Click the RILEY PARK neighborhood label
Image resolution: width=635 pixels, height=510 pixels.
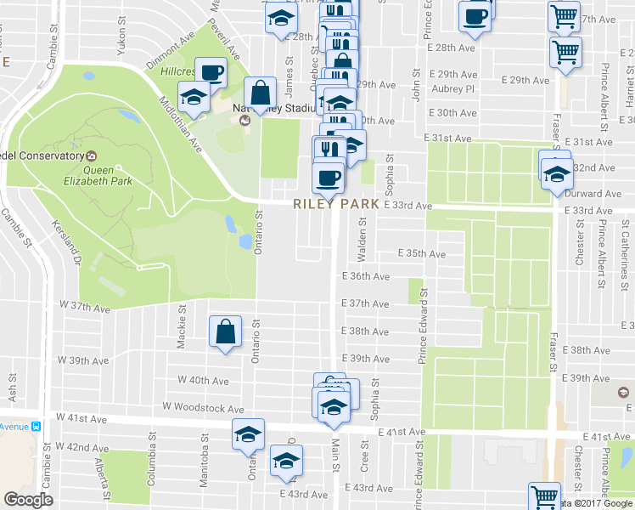pos(336,205)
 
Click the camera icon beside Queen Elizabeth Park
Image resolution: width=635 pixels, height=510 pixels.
pos(92,156)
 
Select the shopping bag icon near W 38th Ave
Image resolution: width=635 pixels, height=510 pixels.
pos(226,332)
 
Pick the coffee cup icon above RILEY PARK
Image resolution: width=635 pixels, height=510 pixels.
pos(327,178)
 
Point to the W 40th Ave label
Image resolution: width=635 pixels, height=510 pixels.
pos(203,379)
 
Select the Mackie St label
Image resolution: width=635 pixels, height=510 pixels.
pos(182,331)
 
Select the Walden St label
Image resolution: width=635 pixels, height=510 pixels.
pos(362,233)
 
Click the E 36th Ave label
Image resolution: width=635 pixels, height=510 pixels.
pos(365,276)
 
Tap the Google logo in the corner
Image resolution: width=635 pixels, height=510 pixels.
pos(28,500)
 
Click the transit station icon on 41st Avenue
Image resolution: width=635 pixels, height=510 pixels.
pos(36,425)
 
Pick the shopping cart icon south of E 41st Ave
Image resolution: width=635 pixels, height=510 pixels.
pos(544,496)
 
